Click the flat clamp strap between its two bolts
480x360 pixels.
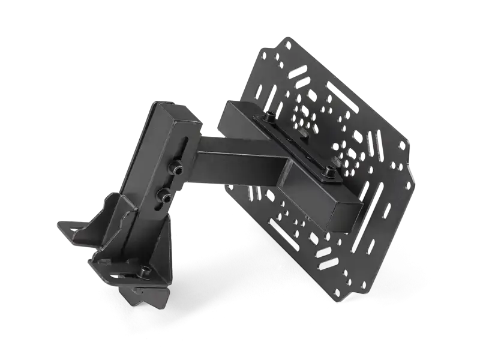tap(298, 143)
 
